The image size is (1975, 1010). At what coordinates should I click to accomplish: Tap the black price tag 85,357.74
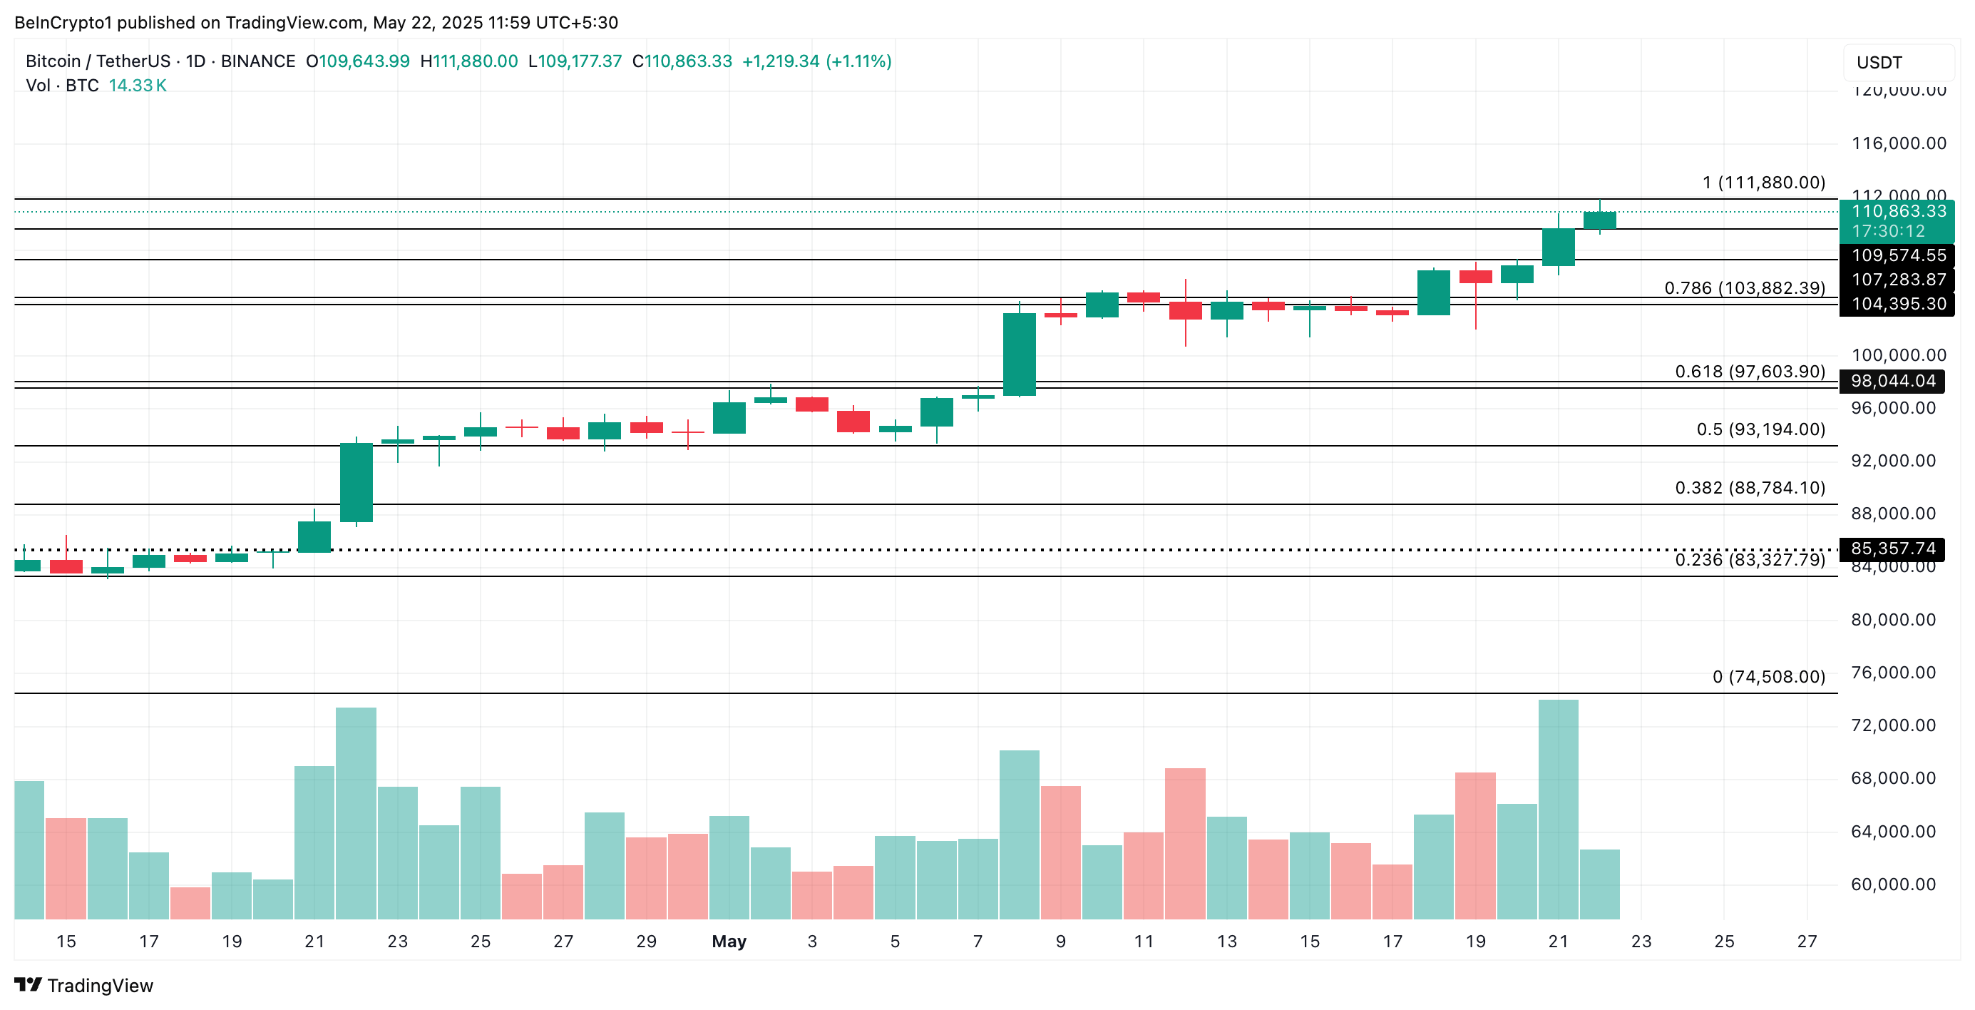point(1892,549)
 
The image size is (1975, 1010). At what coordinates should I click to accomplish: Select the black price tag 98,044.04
point(1892,381)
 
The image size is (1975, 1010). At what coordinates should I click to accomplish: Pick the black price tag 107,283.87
point(1897,279)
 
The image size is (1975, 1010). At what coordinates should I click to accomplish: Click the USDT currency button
point(1879,62)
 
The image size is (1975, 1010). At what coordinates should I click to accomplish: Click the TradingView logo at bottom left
point(84,985)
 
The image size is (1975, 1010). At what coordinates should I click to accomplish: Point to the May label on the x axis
point(729,941)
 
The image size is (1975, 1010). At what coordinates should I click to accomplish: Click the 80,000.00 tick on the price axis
point(1893,620)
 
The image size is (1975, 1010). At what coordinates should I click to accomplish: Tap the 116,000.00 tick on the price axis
point(1898,143)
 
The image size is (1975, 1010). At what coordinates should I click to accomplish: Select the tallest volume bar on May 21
point(1558,809)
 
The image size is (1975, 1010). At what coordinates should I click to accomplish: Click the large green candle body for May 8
point(1019,354)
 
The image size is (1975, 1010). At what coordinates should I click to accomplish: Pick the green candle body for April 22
point(356,482)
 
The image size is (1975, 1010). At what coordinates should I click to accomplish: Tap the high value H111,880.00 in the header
point(469,61)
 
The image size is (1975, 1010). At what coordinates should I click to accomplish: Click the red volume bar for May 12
point(1184,844)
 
